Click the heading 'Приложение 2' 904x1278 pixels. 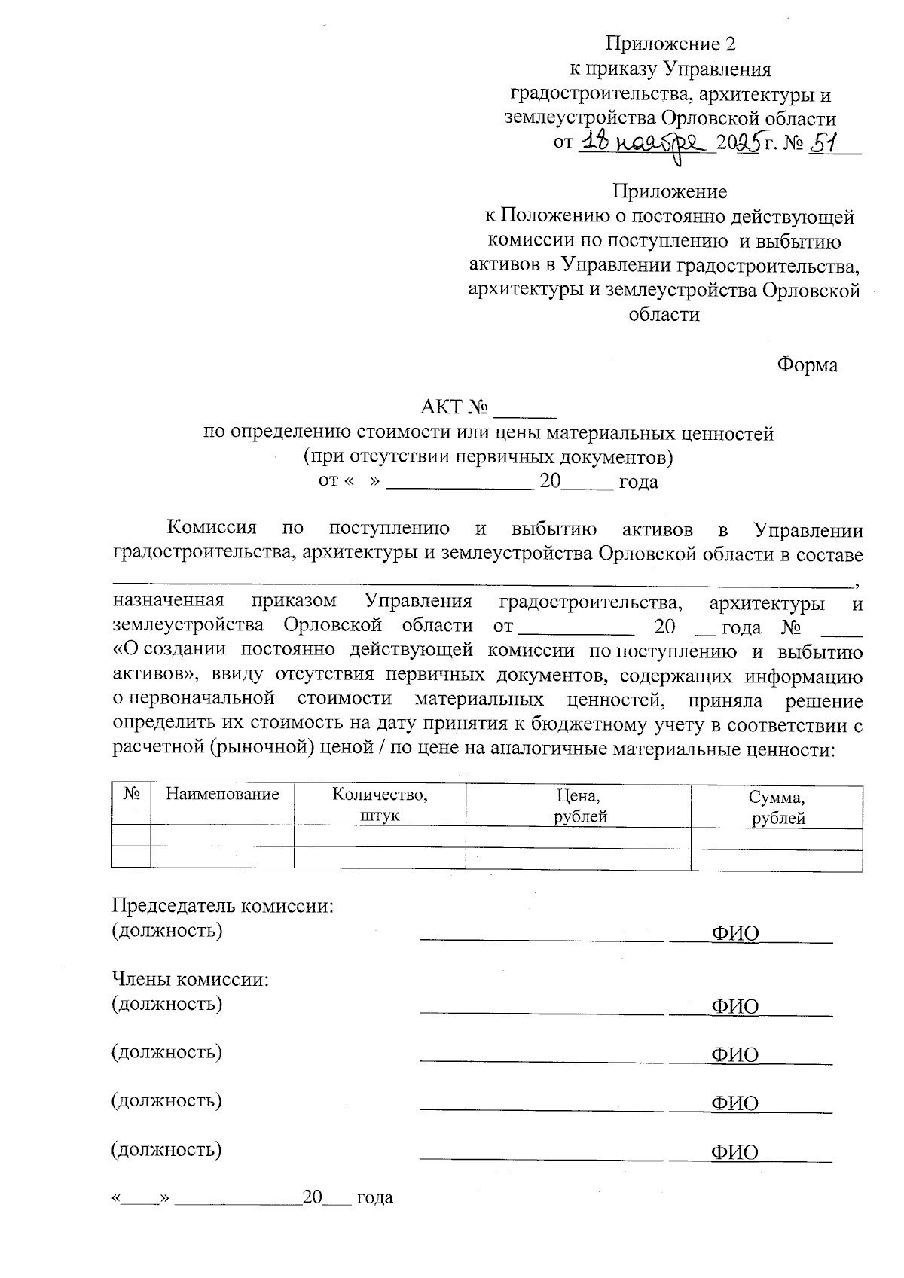click(x=670, y=43)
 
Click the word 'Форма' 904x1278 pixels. click(x=808, y=365)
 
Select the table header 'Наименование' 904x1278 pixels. click(x=222, y=794)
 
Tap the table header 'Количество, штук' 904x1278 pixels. click(x=380, y=805)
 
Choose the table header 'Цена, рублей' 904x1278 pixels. click(x=578, y=805)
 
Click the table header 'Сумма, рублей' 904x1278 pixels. click(x=777, y=807)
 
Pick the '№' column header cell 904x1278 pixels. click(x=132, y=794)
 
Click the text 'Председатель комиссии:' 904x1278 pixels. click(x=222, y=905)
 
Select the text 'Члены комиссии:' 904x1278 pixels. click(x=191, y=980)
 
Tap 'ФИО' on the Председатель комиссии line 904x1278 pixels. click(x=734, y=935)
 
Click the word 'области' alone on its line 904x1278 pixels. click(x=664, y=315)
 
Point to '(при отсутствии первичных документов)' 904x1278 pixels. click(x=487, y=457)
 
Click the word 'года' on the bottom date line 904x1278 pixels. click(x=374, y=1197)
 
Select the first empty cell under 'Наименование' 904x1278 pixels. click(x=222, y=835)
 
